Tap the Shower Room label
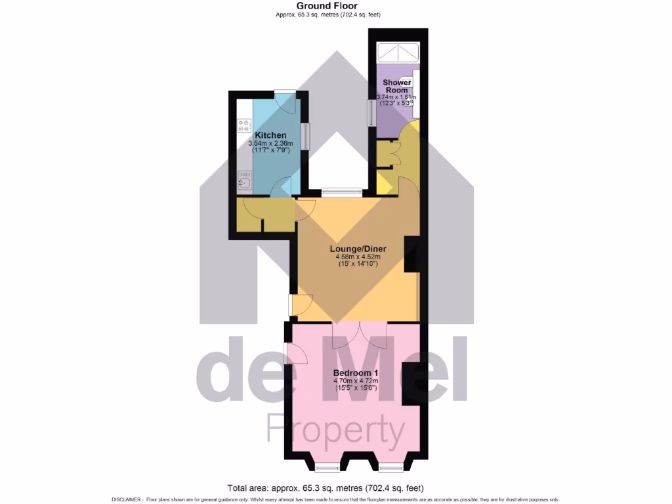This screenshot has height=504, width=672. (398, 86)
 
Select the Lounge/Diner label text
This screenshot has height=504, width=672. (358, 249)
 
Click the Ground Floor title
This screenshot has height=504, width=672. (335, 6)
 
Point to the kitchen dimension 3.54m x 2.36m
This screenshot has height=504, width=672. (270, 144)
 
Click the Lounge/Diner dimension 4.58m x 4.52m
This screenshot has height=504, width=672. (358, 257)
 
